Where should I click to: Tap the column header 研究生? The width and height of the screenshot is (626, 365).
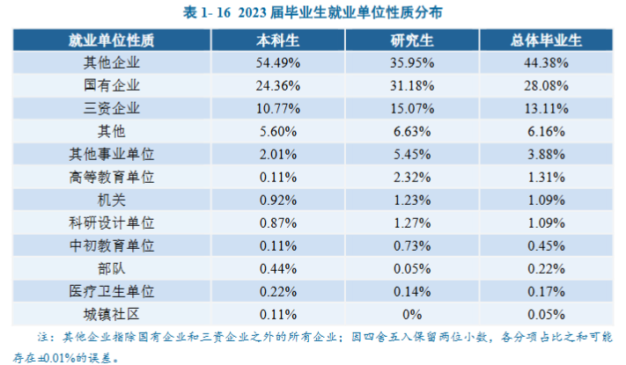coord(412,40)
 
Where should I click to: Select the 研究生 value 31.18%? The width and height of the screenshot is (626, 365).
coord(412,85)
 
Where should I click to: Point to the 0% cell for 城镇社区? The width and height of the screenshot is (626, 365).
coord(412,314)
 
